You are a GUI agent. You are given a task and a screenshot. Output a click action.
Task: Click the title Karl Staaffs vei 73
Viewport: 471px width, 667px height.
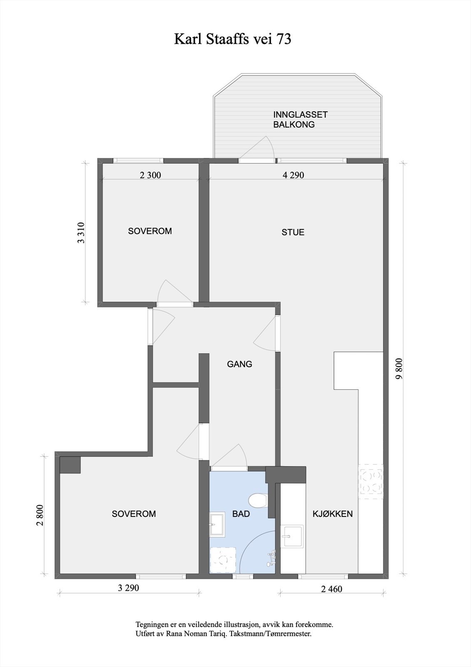tap(232, 39)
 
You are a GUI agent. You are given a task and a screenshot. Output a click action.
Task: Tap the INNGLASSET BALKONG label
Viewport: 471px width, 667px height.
tap(300, 119)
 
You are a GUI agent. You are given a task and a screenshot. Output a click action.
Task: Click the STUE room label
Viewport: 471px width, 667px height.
tap(293, 232)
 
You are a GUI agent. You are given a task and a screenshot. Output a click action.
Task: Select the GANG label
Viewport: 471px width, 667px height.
tap(239, 364)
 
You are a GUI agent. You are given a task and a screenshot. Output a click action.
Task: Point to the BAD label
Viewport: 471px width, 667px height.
tap(241, 514)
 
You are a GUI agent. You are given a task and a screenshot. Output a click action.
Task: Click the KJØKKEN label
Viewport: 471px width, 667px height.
tap(332, 514)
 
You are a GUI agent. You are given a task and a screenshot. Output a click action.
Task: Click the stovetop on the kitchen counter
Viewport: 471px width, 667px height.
tap(370, 482)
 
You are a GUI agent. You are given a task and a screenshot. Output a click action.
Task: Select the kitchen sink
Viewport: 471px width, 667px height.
tap(292, 536)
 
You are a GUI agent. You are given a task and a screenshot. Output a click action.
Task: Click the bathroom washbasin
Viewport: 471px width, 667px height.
tap(217, 524)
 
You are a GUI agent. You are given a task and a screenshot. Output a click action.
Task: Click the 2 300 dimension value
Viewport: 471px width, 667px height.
tap(150, 175)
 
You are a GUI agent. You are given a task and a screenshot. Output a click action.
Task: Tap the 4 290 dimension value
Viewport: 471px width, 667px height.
tap(293, 175)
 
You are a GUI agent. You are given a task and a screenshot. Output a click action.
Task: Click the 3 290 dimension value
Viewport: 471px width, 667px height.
tap(128, 588)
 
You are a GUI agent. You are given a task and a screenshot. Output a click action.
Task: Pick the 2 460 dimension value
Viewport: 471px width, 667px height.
tap(331, 589)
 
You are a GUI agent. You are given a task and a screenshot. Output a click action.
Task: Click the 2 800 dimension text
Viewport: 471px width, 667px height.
tap(40, 515)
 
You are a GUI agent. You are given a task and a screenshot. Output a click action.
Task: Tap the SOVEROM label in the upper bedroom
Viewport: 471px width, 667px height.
tap(150, 231)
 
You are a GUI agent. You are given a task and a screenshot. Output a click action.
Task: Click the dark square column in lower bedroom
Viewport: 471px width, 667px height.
tap(70, 465)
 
